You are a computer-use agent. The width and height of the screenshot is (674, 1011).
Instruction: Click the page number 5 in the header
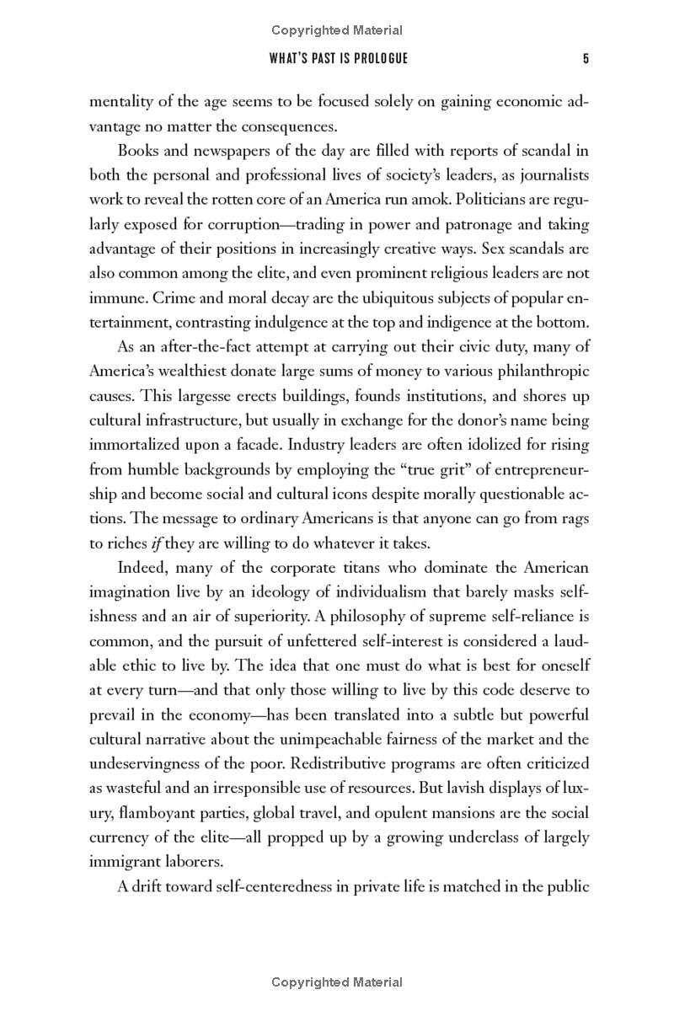(585, 59)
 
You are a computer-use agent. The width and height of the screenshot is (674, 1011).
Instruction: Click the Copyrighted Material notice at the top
(337, 30)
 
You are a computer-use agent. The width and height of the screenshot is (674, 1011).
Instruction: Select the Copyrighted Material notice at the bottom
(337, 982)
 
